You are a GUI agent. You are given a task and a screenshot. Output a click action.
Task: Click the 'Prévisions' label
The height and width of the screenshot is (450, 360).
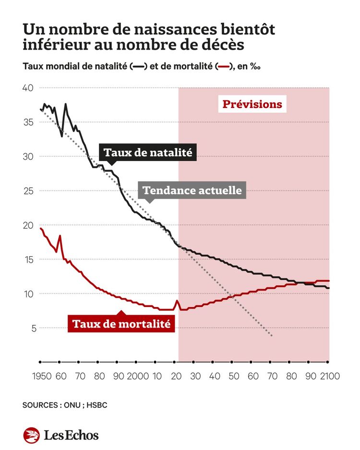(252, 104)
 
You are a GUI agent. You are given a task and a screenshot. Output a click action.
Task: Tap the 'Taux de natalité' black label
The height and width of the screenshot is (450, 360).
(148, 153)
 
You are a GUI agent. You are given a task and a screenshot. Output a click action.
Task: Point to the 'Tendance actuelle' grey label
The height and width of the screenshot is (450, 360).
(192, 190)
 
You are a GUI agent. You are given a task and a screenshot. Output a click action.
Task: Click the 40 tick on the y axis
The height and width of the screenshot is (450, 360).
(28, 88)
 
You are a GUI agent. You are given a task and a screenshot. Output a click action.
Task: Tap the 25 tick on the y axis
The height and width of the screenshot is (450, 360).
(28, 191)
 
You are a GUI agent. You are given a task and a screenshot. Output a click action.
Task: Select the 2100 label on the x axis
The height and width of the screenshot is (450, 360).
(329, 376)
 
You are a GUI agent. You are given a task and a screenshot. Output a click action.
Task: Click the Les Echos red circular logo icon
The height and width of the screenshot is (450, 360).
(31, 435)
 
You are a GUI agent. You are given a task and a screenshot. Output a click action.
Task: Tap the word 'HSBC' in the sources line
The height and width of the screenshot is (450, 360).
(96, 405)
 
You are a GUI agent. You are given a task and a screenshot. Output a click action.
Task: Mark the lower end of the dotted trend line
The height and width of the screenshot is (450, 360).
(272, 335)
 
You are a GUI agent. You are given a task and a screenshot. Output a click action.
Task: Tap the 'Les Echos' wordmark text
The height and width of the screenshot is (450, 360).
(71, 435)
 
